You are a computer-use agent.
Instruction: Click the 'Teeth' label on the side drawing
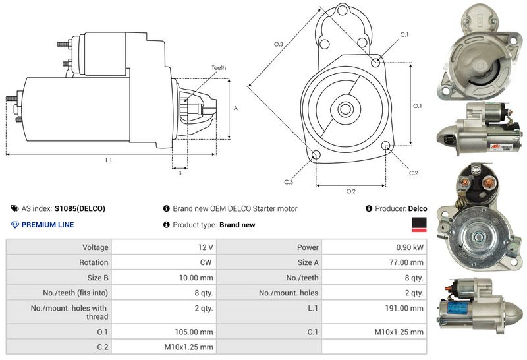point(219,68)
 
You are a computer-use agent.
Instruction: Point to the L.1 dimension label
point(108,160)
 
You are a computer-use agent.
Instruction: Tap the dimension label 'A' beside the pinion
point(235,108)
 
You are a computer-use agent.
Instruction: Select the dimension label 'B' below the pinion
point(179,173)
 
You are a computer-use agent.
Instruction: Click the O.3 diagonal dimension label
point(279,44)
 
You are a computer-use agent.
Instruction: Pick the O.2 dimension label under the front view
point(350,191)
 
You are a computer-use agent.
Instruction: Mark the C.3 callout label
point(289,181)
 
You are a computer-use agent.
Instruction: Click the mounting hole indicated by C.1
point(375,63)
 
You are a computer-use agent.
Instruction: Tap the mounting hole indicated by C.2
point(385,146)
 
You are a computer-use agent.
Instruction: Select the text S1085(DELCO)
point(80,208)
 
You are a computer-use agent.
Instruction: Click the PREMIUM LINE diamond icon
point(15,225)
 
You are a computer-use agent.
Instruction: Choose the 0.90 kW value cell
point(409,247)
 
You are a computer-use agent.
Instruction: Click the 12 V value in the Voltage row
point(205,247)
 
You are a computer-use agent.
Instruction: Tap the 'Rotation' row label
point(94,262)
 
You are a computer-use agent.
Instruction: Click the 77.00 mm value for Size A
point(407,262)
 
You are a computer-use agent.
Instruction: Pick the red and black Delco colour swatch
point(418,225)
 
